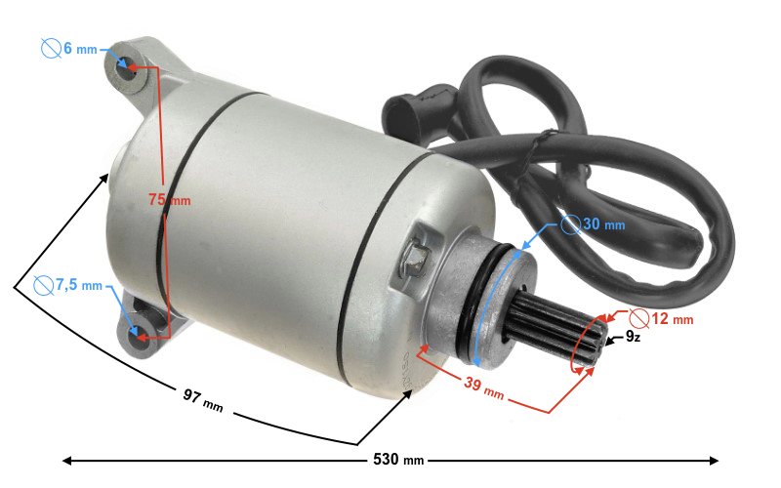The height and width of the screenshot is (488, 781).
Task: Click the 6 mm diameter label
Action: click(x=80, y=49)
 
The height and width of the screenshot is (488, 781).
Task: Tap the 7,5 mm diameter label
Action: click(x=79, y=285)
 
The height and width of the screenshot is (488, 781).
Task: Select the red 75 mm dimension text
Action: click(x=169, y=200)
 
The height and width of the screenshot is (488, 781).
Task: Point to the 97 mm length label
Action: click(x=203, y=400)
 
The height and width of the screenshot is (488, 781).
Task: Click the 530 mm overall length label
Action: click(x=398, y=459)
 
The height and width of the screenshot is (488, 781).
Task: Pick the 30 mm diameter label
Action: click(x=603, y=224)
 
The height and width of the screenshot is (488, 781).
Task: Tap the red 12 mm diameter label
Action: click(x=673, y=319)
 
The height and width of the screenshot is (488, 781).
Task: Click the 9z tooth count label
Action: click(x=633, y=337)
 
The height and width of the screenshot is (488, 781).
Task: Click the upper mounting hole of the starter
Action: click(x=128, y=68)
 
